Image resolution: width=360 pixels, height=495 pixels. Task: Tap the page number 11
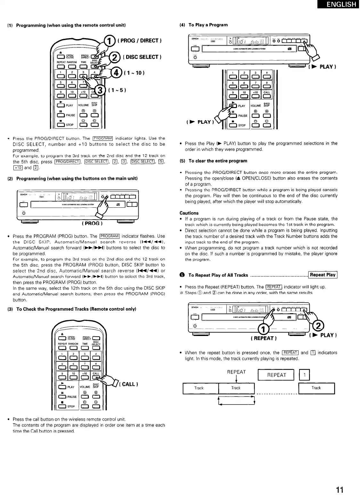tap(340, 481)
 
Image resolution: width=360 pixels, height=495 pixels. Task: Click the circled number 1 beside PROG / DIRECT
tap(110, 41)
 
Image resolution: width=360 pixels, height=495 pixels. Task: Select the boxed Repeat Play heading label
tap(323, 275)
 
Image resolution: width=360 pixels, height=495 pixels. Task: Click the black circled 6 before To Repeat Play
tap(182, 275)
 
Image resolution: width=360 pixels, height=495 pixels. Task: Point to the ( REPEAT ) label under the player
tap(264, 338)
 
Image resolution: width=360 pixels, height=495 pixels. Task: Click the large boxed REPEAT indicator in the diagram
tap(276, 375)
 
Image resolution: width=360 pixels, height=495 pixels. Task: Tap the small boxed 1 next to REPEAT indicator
tap(305, 375)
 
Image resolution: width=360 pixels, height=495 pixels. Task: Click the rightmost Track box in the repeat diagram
tap(316, 388)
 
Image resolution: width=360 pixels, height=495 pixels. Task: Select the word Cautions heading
tap(189, 213)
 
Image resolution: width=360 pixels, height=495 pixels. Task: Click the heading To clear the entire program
tap(218, 161)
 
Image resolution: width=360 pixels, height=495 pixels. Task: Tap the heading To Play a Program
tap(208, 25)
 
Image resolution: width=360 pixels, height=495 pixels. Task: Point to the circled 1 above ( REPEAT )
tap(263, 329)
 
